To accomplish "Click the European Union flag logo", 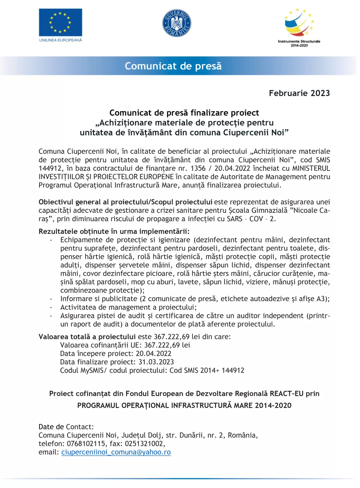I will coord(60,23).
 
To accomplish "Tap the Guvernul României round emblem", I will coord(177,23).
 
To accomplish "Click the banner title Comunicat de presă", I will coord(173,66).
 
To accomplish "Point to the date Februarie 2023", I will coord(299,93).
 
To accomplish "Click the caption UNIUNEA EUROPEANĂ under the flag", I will coord(60,40).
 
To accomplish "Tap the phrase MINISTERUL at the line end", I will coord(311,168).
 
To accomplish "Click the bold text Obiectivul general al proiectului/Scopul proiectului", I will coord(125,202).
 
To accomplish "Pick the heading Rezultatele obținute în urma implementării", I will coord(114,231).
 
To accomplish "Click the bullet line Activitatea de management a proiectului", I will coord(128,307).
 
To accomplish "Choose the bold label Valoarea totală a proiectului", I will coord(87,337).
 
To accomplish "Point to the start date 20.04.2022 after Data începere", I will coord(154,354).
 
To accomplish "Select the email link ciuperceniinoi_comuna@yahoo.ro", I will coord(116,452).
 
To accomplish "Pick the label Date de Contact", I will coord(66,427).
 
